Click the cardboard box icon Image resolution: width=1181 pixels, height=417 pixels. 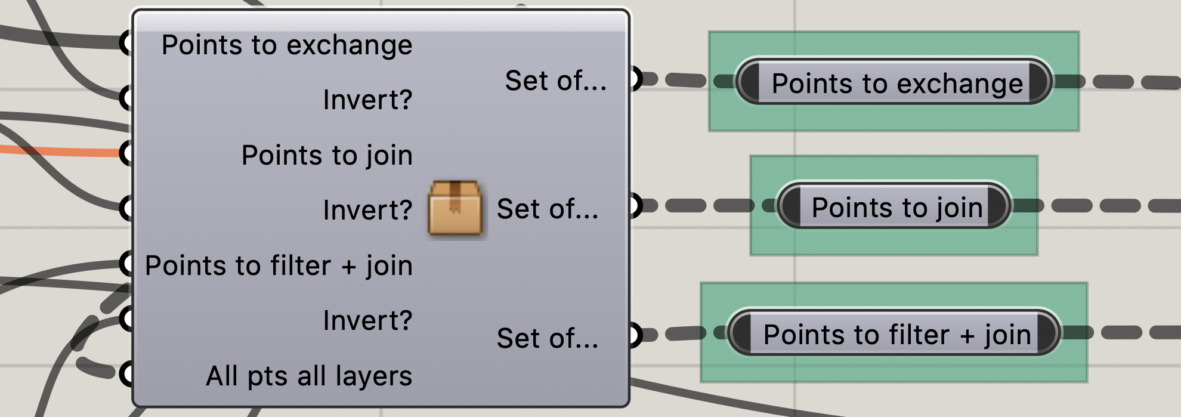(455, 208)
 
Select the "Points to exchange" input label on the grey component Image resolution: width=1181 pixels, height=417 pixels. (287, 45)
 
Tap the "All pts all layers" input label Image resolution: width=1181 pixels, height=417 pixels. (309, 376)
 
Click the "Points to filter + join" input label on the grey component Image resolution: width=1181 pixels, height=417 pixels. (279, 265)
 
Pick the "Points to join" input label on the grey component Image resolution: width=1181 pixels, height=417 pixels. (327, 155)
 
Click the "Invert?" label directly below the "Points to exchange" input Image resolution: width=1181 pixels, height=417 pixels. (367, 100)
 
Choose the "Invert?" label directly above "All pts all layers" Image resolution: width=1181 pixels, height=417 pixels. (367, 320)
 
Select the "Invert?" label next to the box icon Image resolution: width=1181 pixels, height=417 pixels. (367, 210)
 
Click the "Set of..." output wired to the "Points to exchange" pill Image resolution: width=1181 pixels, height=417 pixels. (555, 81)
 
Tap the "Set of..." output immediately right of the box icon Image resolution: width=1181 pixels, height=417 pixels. (547, 209)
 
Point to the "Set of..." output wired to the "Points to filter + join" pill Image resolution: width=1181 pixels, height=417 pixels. (547, 338)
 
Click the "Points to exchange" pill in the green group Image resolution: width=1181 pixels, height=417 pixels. (896, 83)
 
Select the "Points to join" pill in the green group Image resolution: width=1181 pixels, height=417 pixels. (896, 208)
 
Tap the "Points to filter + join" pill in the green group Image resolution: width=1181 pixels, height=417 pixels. (896, 334)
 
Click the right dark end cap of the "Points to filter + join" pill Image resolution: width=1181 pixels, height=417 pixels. (1047, 332)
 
